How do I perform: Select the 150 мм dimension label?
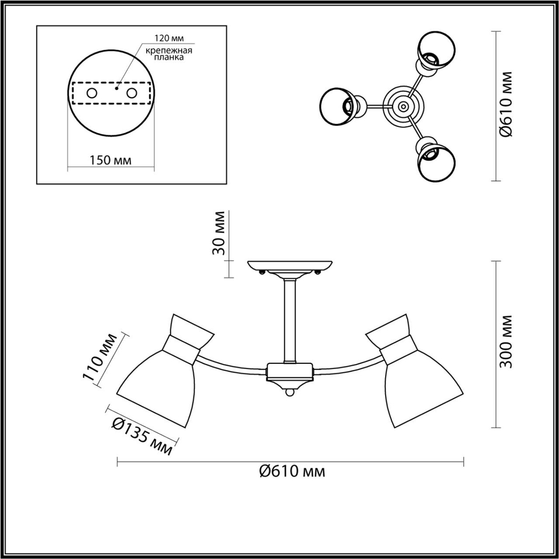(110, 160)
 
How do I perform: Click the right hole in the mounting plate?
(132, 93)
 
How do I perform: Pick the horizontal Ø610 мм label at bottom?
(292, 471)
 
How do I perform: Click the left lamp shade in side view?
(157, 386)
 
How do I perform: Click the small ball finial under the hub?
(290, 394)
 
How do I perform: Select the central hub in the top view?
(401, 105)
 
